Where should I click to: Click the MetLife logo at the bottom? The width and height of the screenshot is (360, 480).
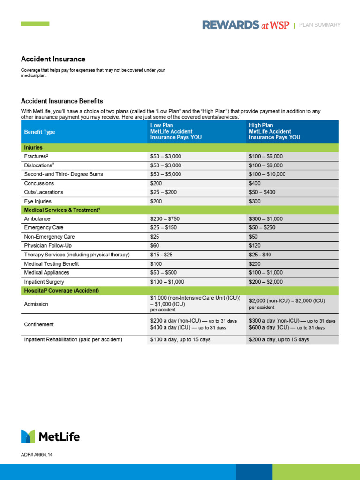(50, 436)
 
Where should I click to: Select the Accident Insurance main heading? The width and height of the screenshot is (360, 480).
(53, 59)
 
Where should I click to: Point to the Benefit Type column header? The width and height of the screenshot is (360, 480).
(39, 132)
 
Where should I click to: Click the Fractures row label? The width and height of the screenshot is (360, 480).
(36, 156)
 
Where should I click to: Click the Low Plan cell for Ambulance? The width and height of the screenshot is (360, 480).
(164, 219)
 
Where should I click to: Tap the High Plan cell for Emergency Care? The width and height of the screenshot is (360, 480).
(262, 228)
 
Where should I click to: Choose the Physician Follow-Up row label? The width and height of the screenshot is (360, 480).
(48, 246)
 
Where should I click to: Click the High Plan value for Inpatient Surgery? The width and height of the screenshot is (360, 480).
(266, 282)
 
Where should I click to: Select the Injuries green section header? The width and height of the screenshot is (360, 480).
(33, 147)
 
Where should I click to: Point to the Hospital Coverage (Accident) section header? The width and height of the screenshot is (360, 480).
(61, 291)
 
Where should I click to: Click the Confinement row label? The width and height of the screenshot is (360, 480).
(39, 324)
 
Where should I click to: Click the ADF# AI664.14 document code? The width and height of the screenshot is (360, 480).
(40, 455)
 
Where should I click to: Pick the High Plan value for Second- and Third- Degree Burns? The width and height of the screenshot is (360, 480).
(267, 174)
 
